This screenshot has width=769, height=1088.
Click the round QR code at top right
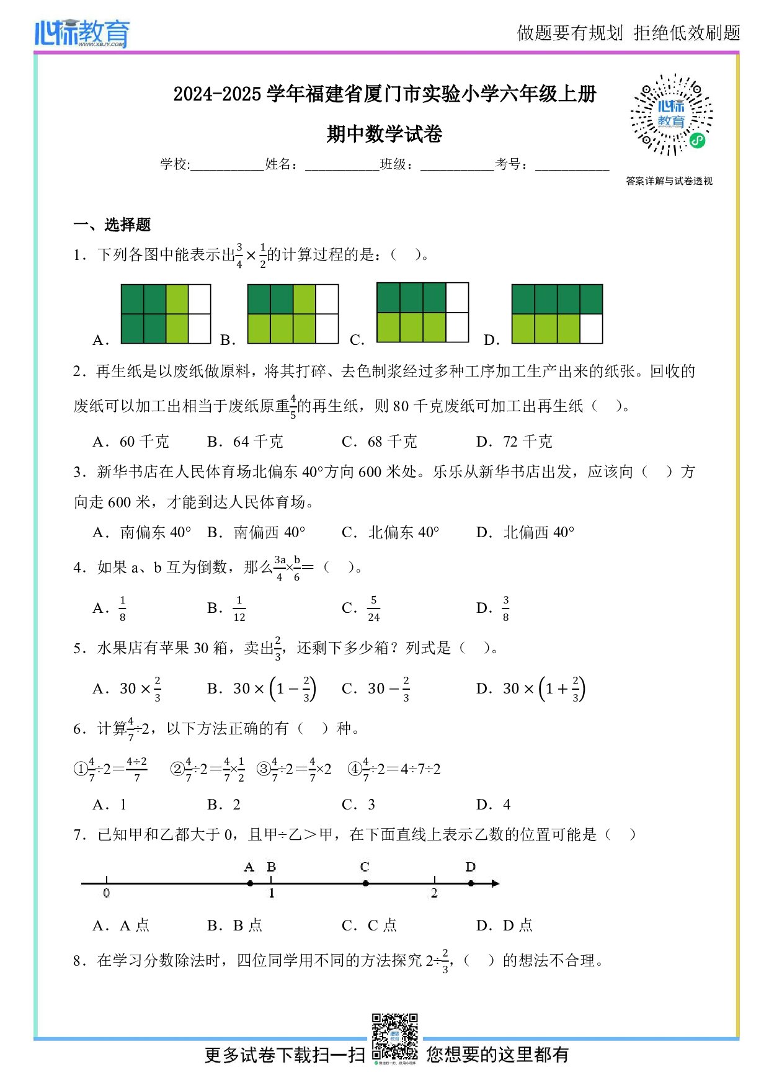click(672, 115)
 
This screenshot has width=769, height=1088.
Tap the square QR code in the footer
click(394, 1037)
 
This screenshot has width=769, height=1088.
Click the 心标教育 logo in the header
click(82, 33)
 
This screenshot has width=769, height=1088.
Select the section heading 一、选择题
click(112, 225)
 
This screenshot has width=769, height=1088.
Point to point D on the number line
click(471, 883)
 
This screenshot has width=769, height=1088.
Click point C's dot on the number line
click(365, 883)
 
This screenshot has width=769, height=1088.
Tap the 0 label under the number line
click(107, 893)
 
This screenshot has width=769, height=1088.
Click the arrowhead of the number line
click(495, 883)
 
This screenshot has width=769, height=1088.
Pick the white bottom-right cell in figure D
click(591, 329)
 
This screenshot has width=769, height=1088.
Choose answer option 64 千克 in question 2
click(257, 442)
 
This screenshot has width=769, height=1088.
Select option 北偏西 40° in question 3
click(538, 532)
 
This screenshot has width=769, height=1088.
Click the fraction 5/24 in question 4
click(373, 609)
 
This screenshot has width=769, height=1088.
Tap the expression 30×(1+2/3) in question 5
click(544, 689)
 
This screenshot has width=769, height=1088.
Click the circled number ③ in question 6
click(264, 770)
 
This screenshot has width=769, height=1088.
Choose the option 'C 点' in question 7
click(381, 925)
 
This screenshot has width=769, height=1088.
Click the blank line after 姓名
click(342, 166)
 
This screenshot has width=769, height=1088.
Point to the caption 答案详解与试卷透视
click(669, 181)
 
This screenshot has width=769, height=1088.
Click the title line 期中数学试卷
click(384, 133)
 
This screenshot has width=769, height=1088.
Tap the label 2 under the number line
click(434, 893)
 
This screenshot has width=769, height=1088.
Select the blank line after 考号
click(572, 166)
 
